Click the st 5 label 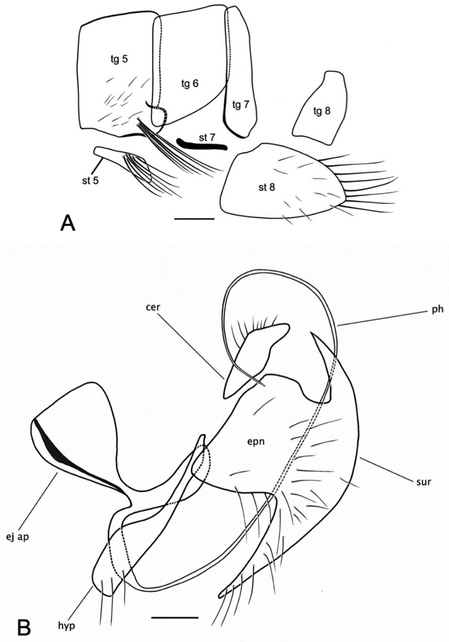[x=90, y=180]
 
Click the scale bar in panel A [x=194, y=219]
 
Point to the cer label [x=153, y=307]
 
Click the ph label [x=437, y=310]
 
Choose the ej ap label [x=18, y=537]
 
